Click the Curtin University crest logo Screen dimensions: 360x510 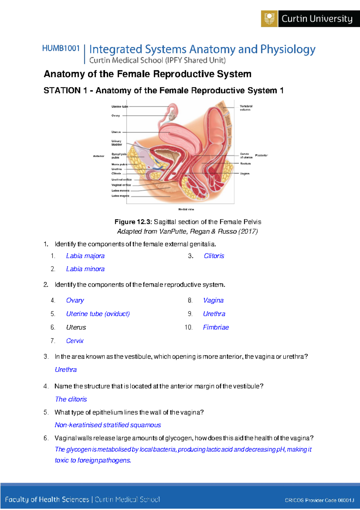coord(269,19)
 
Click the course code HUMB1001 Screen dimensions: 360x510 coord(61,48)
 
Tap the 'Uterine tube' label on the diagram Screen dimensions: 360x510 coord(120,106)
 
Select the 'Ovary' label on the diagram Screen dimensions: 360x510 coord(115,115)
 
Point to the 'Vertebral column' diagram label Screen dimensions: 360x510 coord(246,108)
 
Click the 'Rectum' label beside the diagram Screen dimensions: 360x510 coord(245,163)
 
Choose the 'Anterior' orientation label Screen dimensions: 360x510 coord(98,156)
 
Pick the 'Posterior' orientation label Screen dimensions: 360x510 coord(261,155)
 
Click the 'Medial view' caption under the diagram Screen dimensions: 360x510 coord(186,209)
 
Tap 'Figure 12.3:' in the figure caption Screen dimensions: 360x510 coord(133,222)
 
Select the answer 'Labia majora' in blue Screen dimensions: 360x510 coord(85,256)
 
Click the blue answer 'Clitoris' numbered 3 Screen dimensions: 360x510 coord(214,256)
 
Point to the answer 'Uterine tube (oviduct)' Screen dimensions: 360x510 coord(98,314)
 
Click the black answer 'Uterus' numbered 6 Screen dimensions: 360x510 coord(76,327)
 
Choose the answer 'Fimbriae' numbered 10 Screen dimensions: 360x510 coord(216,327)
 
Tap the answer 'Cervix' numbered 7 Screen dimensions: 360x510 coord(75,341)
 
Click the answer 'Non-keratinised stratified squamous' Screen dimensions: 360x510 coord(108,425)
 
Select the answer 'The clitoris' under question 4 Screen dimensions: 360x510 coord(71,399)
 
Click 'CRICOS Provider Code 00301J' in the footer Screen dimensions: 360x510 coord(319,500)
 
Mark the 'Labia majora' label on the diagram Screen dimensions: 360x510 coord(120,196)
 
